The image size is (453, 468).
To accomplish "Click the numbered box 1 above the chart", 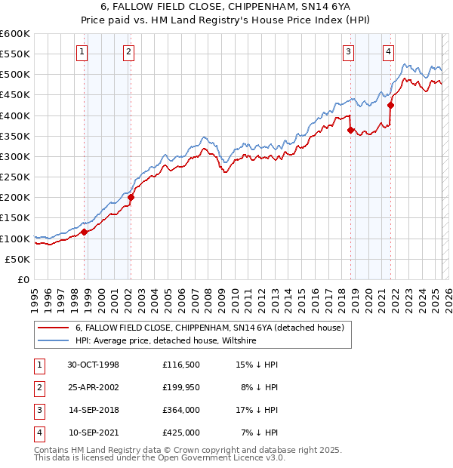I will click(81, 52).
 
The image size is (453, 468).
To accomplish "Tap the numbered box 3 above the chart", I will click(348, 52).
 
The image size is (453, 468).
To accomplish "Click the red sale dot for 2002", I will click(131, 198).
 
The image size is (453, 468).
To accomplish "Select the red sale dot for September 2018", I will click(351, 131).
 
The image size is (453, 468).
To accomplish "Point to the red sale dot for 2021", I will click(391, 106).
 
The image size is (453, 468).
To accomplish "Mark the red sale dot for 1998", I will click(85, 232).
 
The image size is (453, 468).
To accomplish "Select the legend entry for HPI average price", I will click(165, 340).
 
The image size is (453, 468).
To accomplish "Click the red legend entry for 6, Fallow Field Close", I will click(209, 328).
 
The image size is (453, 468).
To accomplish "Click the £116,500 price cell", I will click(180, 365).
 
